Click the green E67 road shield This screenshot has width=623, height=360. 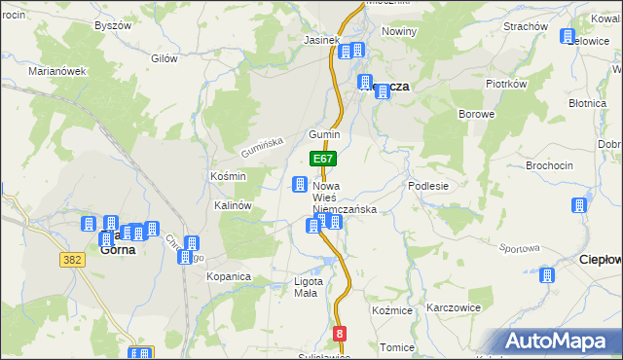[324, 159]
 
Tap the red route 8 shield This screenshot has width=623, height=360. [339, 334]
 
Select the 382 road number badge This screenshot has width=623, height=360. [71, 260]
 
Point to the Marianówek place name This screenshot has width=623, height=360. [58, 71]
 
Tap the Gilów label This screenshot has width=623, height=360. [165, 58]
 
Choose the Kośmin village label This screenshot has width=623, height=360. [228, 176]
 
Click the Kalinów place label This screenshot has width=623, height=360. [234, 206]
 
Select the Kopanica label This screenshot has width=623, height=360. [229, 276]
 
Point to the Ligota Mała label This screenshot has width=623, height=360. [308, 288]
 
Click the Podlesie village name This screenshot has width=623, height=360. [428, 186]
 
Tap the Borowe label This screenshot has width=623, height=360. [477, 114]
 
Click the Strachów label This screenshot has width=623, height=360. [526, 26]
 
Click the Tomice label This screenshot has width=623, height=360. [397, 347]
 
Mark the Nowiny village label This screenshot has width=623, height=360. [399, 31]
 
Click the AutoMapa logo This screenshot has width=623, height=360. [557, 341]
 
